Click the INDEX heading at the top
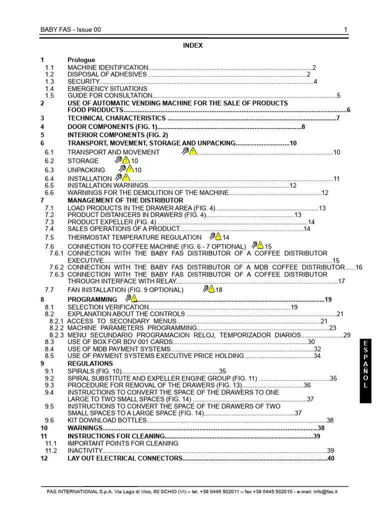192,45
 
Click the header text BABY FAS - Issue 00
70,29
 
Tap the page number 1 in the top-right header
345,29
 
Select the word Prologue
81,60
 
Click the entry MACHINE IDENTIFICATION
107,67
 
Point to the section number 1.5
49,95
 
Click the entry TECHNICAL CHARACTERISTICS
116,118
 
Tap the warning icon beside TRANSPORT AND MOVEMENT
190,151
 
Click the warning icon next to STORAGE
122,160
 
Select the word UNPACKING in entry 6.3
86,170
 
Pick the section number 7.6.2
56,267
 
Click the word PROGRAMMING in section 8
92,299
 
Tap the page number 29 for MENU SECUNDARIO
347,335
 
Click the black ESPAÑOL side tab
365,370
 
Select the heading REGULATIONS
90,363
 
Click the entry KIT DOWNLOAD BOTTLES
107,420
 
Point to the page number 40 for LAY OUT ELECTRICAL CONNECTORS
330,458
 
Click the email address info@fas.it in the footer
325,492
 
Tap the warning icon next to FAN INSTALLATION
209,289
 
